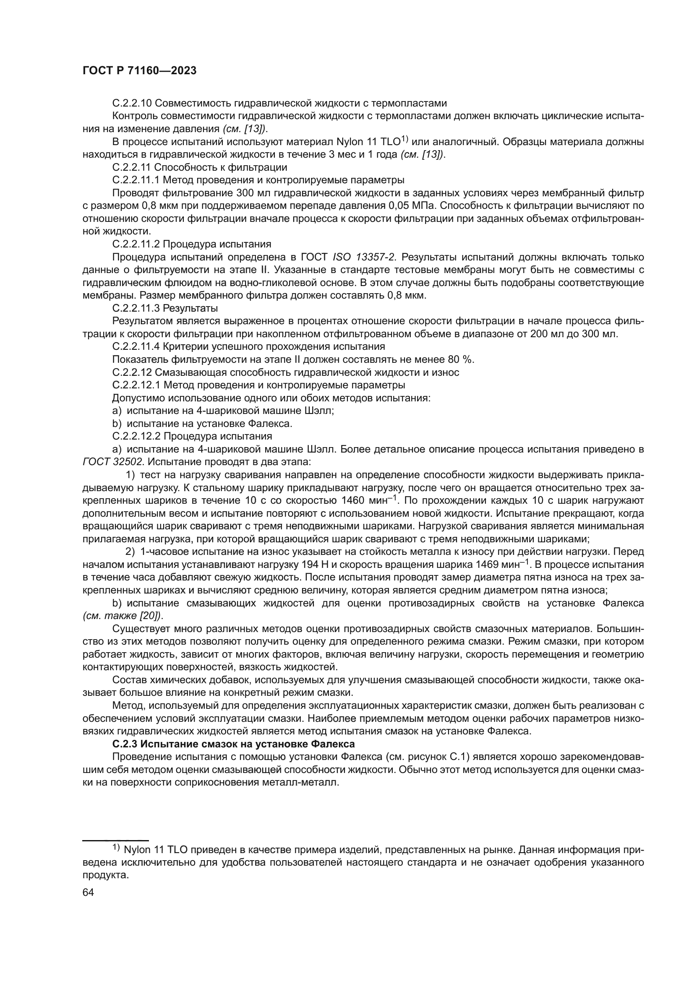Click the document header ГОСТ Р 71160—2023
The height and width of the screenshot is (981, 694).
coord(139,71)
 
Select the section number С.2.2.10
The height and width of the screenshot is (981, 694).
coord(132,103)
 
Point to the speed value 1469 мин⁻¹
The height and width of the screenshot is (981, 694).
coord(504,565)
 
